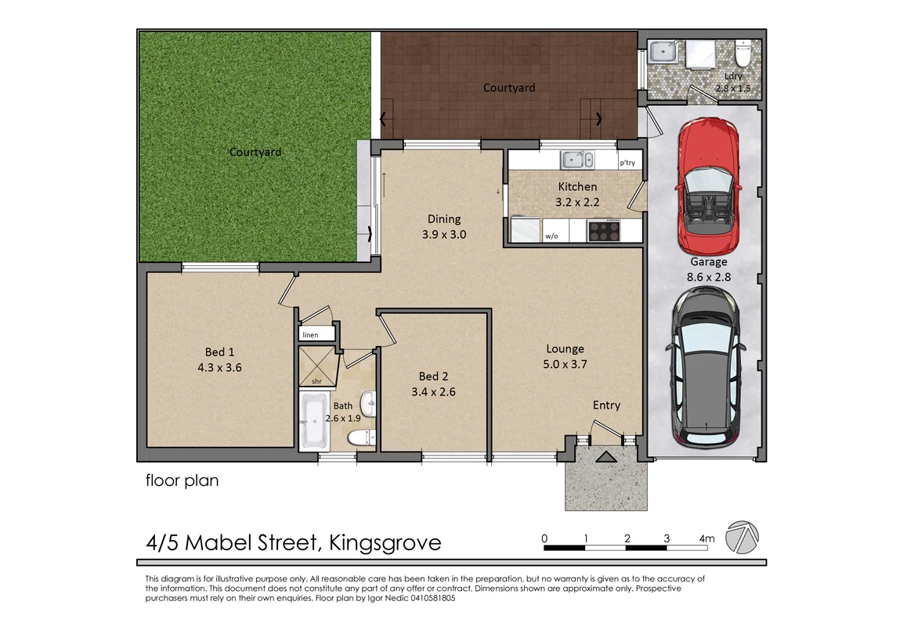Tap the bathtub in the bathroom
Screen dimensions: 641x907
(315, 421)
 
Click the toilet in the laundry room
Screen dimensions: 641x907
(743, 56)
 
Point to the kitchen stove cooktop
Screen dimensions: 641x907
(603, 230)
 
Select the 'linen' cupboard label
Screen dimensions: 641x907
(311, 335)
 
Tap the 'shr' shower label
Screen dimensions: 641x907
(316, 381)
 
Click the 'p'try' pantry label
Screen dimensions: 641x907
(627, 164)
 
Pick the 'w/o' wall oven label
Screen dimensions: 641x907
(551, 235)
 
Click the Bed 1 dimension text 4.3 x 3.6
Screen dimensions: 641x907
(220, 366)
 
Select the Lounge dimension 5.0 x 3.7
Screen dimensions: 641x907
(566, 363)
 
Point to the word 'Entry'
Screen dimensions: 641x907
(606, 405)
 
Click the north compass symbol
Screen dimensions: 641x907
(742, 537)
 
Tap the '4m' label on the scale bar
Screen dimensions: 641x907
(706, 538)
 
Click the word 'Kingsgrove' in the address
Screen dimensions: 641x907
(385, 542)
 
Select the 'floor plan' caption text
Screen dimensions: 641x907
(182, 481)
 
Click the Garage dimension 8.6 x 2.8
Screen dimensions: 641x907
(709, 275)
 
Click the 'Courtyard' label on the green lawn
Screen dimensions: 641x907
(255, 152)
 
